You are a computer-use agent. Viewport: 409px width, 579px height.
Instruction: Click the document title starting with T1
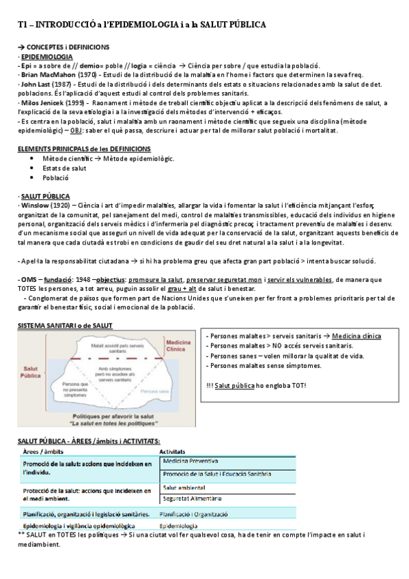coord(142,25)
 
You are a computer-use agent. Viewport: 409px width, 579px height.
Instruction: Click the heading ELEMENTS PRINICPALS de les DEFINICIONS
coord(84,149)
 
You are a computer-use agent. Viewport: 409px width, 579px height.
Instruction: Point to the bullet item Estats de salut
coord(64,167)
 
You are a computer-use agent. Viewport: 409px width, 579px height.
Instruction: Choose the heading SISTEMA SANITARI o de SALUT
coord(65,326)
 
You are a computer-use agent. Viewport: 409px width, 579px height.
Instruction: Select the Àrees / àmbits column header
coord(44,451)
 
